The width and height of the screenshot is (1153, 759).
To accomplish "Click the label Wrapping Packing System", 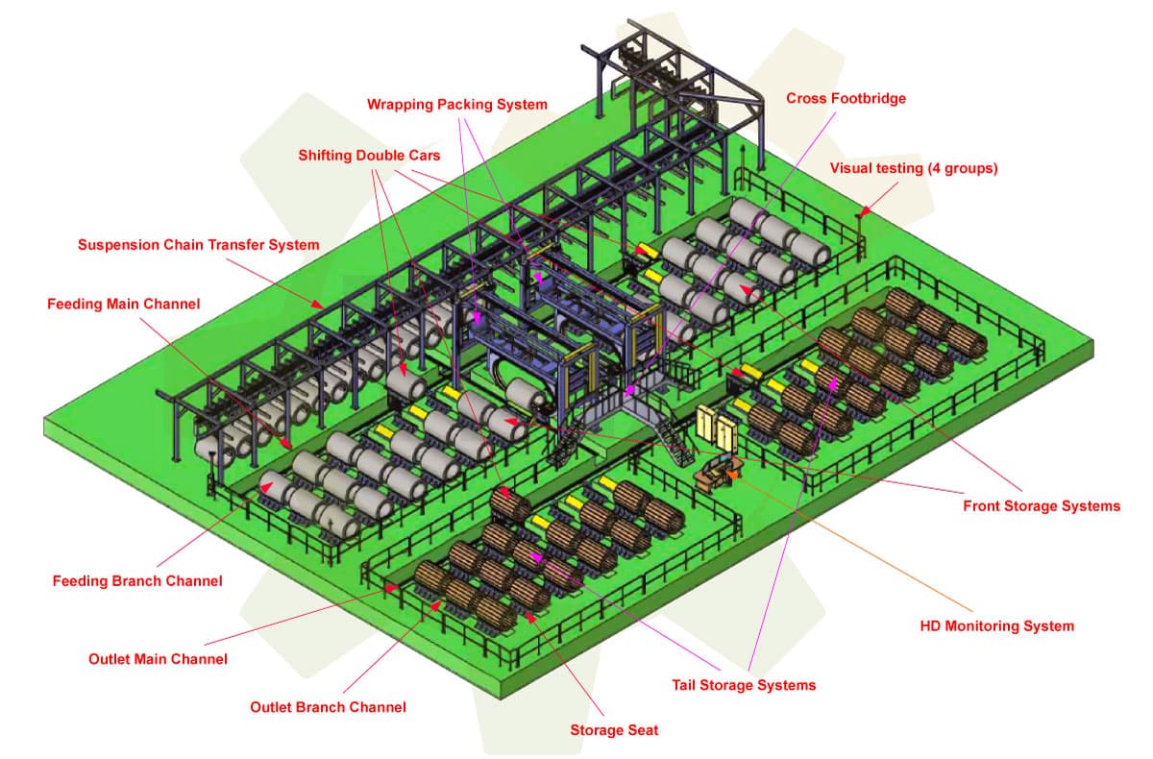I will [x=456, y=104].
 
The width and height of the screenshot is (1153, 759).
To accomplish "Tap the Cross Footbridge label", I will [x=846, y=98].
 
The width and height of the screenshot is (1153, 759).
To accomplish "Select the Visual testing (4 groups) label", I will [x=913, y=168].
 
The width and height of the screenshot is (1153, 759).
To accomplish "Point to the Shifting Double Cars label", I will [x=369, y=155].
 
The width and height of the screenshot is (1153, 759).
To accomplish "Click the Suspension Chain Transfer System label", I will [x=198, y=245].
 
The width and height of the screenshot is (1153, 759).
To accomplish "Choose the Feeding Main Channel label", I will [x=123, y=304].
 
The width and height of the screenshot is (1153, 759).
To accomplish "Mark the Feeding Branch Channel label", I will [x=137, y=580].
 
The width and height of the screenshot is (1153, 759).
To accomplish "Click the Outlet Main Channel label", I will [x=158, y=659].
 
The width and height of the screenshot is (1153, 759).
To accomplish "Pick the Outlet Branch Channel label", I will [x=328, y=707].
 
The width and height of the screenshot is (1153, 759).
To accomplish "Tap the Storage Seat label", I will [x=614, y=730].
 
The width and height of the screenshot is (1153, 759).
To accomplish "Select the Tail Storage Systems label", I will [x=744, y=685].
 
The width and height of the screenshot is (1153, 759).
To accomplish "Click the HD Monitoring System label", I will [x=996, y=625].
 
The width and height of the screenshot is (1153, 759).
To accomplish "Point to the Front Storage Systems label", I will [x=1042, y=505].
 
